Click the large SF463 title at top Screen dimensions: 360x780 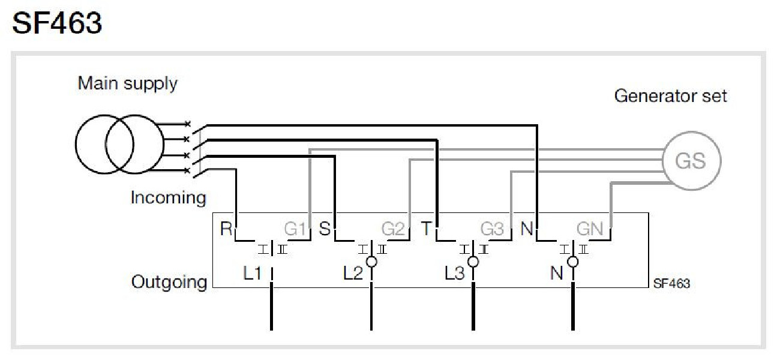(57, 23)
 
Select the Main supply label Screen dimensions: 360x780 (127, 83)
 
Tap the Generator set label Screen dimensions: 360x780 (670, 95)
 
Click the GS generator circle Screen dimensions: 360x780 (691, 161)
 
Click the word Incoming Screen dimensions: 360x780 (168, 197)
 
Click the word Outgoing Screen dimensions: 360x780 (169, 282)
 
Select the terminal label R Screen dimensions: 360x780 (226, 229)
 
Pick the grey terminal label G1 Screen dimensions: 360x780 (295, 229)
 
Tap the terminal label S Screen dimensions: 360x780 (325, 229)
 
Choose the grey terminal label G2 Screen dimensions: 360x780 (394, 229)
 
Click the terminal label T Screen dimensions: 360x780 (426, 229)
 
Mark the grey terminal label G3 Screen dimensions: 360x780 (493, 229)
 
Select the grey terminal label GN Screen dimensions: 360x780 (589, 229)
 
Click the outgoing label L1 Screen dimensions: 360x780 (252, 274)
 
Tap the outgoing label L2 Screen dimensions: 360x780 (353, 274)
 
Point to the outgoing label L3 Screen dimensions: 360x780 (454, 274)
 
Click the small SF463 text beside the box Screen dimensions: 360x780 (671, 284)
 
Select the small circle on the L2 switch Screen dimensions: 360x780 (372, 262)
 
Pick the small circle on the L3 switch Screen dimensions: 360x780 (473, 262)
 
